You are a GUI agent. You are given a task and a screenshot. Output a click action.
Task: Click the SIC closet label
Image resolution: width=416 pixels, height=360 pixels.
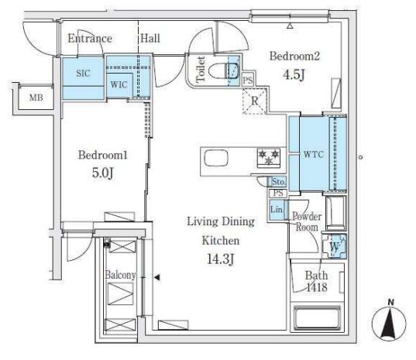click(83, 74)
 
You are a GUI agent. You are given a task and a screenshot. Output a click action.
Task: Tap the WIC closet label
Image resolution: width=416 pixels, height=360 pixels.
click(119, 84)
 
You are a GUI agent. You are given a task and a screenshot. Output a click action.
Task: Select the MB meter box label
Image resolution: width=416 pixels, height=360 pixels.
click(36, 98)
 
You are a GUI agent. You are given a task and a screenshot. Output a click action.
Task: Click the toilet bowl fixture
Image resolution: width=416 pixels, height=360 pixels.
click(224, 70)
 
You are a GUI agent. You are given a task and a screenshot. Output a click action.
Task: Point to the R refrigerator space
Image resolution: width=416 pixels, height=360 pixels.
click(254, 101)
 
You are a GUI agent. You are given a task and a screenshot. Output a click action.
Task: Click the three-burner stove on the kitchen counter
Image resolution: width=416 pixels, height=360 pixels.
click(269, 158)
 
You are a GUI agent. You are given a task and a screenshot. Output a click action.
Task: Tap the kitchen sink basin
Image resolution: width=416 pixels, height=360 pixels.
click(216, 158)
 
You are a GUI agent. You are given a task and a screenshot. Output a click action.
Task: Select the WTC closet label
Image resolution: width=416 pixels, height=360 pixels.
click(313, 154)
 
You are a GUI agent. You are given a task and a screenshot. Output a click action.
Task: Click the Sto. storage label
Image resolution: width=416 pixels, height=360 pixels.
click(278, 182)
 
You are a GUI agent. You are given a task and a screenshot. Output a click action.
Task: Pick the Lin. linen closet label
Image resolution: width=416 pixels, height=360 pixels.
click(277, 210)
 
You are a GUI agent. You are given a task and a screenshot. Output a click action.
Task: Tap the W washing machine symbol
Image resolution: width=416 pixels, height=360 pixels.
click(335, 246)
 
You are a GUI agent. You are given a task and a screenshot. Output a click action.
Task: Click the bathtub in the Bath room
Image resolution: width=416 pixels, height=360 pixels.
click(317, 317)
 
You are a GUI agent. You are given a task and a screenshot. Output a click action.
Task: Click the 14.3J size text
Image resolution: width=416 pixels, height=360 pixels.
click(221, 259)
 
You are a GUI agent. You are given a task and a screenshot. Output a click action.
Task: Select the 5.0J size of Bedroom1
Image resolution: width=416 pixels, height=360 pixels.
click(103, 173)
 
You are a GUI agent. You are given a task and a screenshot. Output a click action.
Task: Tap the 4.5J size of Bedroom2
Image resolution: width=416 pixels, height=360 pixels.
click(294, 75)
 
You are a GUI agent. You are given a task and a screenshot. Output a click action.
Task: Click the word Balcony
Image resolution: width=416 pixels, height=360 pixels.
click(120, 275)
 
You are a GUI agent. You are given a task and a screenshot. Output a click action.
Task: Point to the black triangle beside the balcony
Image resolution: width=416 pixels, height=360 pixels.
click(157, 278)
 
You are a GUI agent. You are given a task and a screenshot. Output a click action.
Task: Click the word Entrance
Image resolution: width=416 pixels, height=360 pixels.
click(90, 39)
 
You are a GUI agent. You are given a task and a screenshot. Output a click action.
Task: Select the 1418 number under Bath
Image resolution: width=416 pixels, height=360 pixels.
click(317, 287)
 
